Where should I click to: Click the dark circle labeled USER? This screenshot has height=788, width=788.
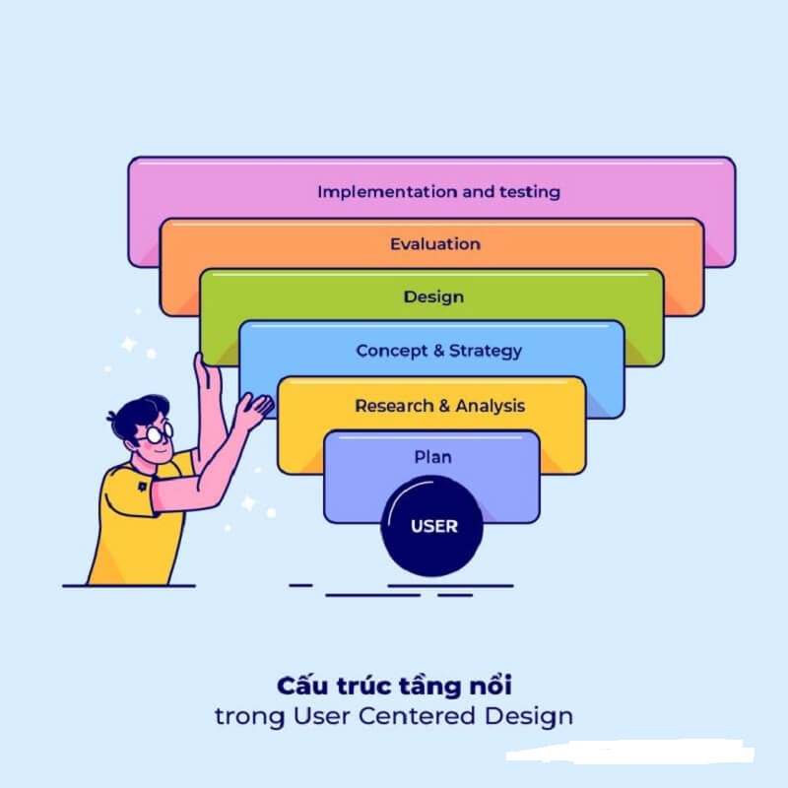(433, 526)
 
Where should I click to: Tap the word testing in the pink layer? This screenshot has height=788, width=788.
(529, 191)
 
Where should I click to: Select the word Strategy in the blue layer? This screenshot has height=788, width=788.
(486, 351)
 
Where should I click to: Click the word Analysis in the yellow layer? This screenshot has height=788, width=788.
(490, 406)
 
